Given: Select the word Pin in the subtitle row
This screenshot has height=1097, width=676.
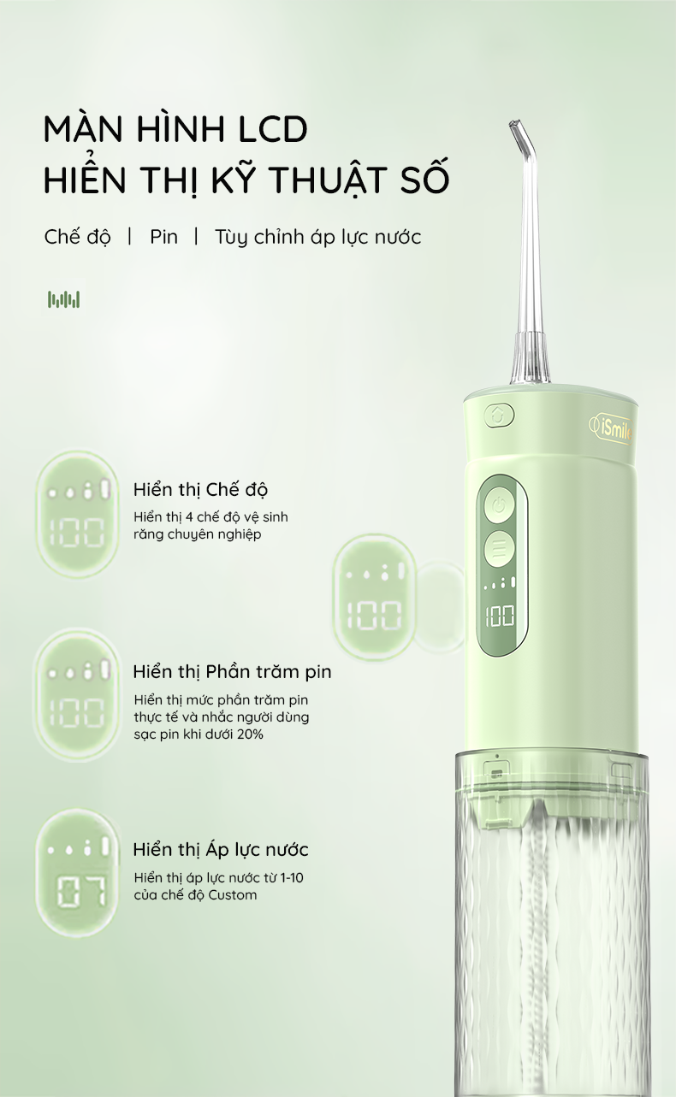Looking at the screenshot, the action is [x=163, y=237].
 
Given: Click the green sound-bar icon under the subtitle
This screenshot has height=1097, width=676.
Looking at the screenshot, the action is [x=63, y=299].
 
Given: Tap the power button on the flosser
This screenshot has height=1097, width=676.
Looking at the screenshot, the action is [x=499, y=505].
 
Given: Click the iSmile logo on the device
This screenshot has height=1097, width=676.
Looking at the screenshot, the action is [x=611, y=431].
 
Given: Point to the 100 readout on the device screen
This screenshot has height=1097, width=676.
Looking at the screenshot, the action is [x=500, y=616].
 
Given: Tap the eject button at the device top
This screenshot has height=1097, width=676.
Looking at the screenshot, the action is [x=499, y=416].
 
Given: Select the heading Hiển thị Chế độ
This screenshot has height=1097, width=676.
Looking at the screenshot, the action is [x=200, y=489].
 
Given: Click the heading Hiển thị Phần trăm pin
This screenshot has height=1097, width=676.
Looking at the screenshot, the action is [x=233, y=671].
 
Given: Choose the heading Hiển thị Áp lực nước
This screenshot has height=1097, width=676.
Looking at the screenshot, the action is [x=221, y=850].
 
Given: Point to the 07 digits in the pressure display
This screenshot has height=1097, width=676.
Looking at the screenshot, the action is [x=81, y=891].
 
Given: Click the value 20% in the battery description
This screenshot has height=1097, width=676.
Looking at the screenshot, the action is [x=252, y=734].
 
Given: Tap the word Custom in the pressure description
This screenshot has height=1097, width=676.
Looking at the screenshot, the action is [x=233, y=894].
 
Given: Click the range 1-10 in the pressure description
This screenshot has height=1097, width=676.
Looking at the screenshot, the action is [x=292, y=877].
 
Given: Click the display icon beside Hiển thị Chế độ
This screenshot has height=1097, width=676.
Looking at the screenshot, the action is [x=78, y=514].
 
